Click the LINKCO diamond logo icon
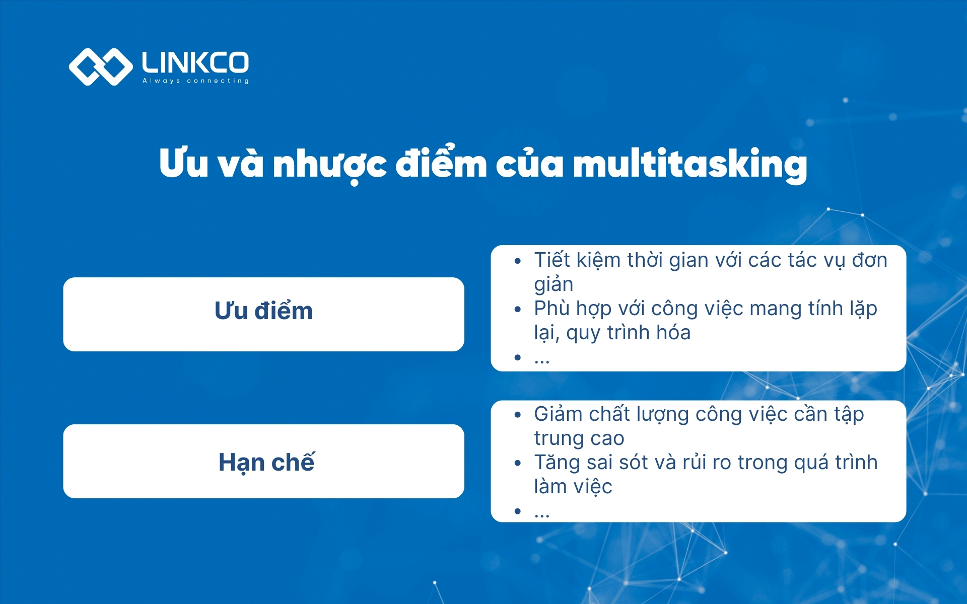tap(100, 67)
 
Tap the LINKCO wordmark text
tap(195, 62)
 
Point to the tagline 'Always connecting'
tap(195, 81)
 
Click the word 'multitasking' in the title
tap(690, 164)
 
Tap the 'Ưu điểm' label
tap(263, 311)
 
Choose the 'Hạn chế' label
tap(266, 462)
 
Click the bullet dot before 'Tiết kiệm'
tap(517, 261)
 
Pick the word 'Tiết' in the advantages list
tap(552, 260)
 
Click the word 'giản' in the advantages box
tap(554, 285)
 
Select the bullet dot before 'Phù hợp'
tap(517, 310)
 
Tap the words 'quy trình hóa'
tap(628, 333)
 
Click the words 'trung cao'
tap(579, 438)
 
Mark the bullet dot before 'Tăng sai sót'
tap(517, 463)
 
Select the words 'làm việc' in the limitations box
tap(573, 487)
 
